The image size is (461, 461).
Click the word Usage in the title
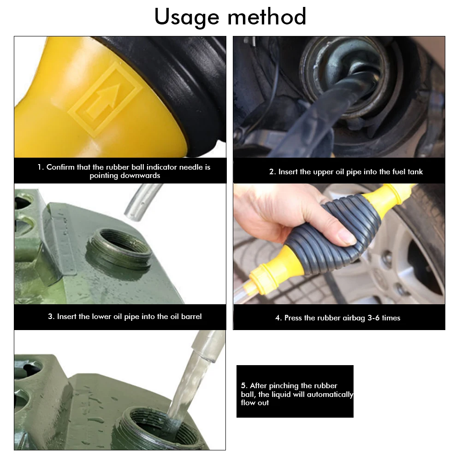click(187, 18)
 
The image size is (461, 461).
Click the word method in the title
click(267, 17)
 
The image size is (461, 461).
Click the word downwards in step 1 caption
click(125, 176)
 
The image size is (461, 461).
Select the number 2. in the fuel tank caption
click(272, 171)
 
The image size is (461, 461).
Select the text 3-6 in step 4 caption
click(373, 318)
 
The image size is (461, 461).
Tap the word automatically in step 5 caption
click(330, 394)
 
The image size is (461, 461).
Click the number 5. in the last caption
click(244, 385)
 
